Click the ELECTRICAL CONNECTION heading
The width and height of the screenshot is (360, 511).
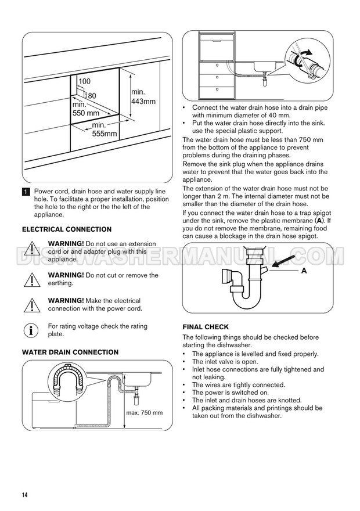(x=67, y=229)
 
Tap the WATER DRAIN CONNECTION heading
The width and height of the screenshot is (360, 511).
(x=70, y=352)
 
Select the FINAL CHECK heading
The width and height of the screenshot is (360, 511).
(x=206, y=327)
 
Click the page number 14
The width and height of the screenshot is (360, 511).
(x=25, y=495)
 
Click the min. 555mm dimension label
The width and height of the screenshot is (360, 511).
(x=105, y=129)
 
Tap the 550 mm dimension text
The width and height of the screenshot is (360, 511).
(x=85, y=113)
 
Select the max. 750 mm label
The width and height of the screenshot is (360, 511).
(x=145, y=413)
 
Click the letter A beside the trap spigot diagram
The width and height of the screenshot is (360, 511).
(x=304, y=271)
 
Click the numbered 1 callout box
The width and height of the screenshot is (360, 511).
(x=26, y=192)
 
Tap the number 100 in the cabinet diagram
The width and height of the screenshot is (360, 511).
(x=84, y=81)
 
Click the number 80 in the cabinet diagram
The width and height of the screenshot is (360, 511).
(x=91, y=95)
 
